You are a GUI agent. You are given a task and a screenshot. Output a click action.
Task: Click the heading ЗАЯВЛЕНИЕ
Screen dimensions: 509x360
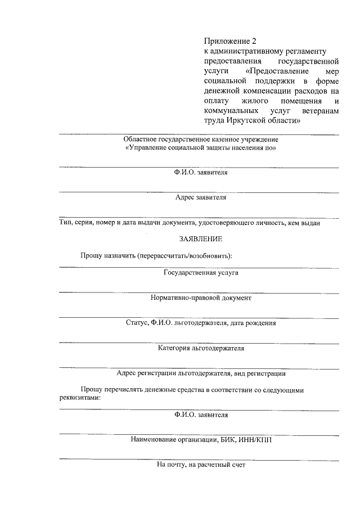click(201, 238)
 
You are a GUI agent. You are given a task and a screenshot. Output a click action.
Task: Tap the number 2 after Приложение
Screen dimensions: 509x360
click(254, 40)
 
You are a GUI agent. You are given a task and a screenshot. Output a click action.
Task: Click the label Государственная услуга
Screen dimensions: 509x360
click(201, 272)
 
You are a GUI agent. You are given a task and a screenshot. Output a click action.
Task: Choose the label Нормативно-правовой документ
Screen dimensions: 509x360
click(201, 298)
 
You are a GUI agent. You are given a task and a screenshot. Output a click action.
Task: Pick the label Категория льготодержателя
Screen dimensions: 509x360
click(201, 348)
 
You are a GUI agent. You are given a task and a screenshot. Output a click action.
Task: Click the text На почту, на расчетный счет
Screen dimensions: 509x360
click(201, 465)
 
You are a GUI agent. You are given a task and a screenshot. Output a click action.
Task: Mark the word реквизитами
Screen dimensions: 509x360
click(79, 397)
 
